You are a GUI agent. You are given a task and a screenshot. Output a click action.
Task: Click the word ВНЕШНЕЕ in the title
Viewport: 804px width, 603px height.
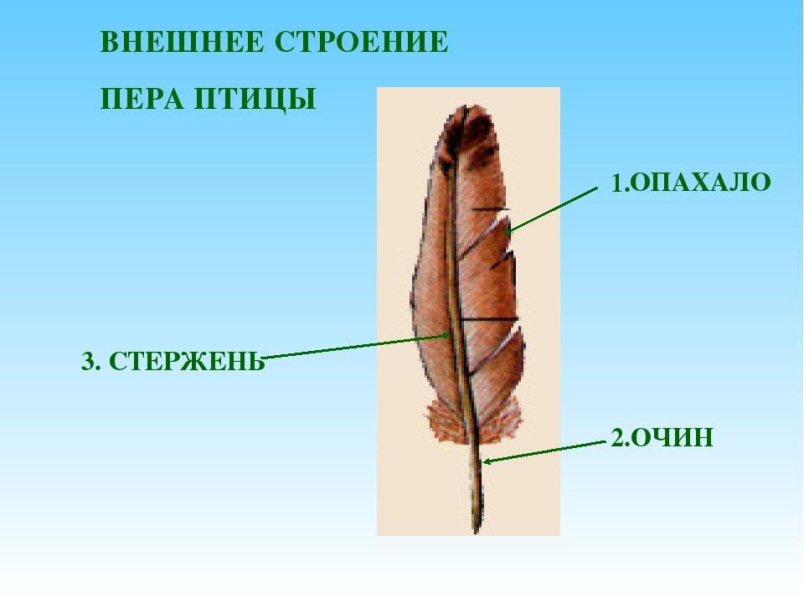(182, 42)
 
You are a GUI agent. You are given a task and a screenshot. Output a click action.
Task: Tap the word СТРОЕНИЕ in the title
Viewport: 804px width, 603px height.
(362, 42)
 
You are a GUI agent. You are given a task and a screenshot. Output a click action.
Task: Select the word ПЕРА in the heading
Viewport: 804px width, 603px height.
(142, 99)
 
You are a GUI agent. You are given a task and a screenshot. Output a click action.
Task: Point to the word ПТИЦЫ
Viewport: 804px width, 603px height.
(255, 100)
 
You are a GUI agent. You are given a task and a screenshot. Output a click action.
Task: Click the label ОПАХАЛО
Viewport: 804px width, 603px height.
(699, 182)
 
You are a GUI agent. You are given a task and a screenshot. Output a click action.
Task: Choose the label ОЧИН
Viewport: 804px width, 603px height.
(671, 438)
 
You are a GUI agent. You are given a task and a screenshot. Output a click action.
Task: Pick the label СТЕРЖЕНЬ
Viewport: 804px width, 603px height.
(187, 362)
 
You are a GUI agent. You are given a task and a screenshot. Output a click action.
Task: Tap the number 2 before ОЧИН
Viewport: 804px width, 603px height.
(617, 438)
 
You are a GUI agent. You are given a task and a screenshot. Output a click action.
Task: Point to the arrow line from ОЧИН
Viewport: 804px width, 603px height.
(544, 451)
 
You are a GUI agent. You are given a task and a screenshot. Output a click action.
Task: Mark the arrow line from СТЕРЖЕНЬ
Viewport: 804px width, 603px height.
(356, 346)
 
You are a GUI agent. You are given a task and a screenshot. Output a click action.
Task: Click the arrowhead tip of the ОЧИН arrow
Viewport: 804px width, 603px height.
(483, 462)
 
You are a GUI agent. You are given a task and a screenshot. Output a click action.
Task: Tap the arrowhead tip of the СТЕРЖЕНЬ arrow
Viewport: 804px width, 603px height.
(451, 335)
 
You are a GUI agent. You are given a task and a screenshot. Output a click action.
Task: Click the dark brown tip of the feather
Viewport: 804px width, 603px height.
(471, 128)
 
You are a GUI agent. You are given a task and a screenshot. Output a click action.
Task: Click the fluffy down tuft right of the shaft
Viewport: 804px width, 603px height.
(502, 420)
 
